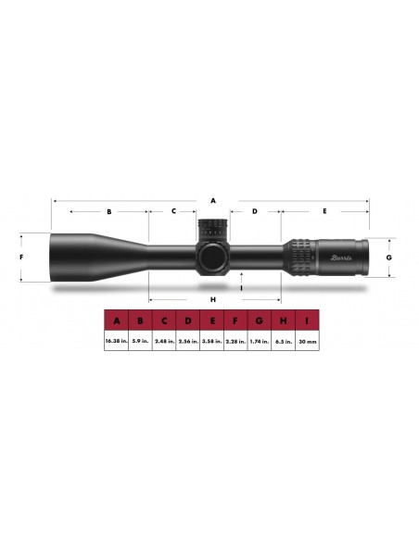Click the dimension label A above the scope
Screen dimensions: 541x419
click(x=212, y=199)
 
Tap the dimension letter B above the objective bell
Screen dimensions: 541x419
click(x=108, y=211)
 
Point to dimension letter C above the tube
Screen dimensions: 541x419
click(x=172, y=211)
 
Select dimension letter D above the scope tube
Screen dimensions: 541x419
click(x=254, y=211)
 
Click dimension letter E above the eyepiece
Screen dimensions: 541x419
click(x=324, y=211)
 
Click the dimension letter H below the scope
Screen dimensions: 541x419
click(x=212, y=299)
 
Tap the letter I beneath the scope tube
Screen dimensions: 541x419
click(x=241, y=288)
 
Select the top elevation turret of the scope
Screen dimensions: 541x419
click(x=211, y=228)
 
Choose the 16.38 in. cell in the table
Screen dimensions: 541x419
click(x=116, y=341)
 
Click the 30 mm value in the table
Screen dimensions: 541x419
click(x=307, y=341)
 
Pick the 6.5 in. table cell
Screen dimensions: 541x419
click(x=283, y=341)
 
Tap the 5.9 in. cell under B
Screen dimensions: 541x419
click(x=140, y=341)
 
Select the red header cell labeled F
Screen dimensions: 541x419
click(x=235, y=321)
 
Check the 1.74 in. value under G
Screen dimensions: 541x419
click(x=260, y=341)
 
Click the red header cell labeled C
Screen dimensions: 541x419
click(x=164, y=321)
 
